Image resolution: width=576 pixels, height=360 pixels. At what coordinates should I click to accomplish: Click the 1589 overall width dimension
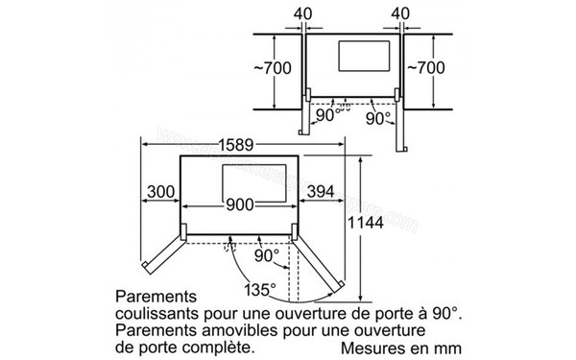coord(235,145)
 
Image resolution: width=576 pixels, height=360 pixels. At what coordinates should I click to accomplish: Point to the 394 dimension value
coord(320,192)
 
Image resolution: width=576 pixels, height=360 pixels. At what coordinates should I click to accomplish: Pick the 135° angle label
coord(259,287)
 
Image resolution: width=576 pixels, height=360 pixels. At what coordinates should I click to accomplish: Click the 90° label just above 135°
coord(268,256)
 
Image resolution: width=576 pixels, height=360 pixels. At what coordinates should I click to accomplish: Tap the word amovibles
coord(223,330)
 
